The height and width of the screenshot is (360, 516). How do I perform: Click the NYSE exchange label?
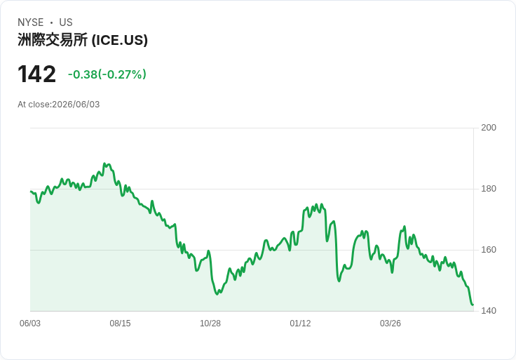[x=31, y=22]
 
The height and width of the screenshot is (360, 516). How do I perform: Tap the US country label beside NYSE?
[x=66, y=22]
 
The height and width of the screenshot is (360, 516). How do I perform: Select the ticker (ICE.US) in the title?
[x=119, y=40]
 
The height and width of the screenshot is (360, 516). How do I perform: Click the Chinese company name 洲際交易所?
[x=53, y=40]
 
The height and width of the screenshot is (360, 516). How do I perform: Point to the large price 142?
[x=37, y=74]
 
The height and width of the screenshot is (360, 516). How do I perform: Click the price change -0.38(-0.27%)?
[x=107, y=74]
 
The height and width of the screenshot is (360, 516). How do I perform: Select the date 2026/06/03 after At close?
[x=76, y=105]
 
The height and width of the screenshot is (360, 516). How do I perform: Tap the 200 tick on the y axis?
[x=489, y=128]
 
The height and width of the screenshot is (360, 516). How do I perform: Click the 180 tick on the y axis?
[x=489, y=189]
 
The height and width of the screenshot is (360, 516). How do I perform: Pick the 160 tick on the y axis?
[x=489, y=250]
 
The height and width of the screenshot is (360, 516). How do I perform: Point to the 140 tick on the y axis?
[x=489, y=311]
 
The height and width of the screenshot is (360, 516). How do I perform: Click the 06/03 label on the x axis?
[x=30, y=324]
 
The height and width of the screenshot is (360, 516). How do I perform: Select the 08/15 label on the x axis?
[x=120, y=324]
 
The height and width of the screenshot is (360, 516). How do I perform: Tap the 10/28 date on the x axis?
[x=210, y=324]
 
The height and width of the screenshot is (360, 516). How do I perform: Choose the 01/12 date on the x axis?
[x=300, y=324]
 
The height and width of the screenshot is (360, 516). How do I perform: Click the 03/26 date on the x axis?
[x=391, y=324]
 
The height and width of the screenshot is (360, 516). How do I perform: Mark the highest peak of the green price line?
[x=104, y=164]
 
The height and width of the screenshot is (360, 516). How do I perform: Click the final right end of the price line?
[x=473, y=305]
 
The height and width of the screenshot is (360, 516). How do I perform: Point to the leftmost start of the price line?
[x=31, y=192]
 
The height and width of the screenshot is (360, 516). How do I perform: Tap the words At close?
[x=34, y=105]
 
